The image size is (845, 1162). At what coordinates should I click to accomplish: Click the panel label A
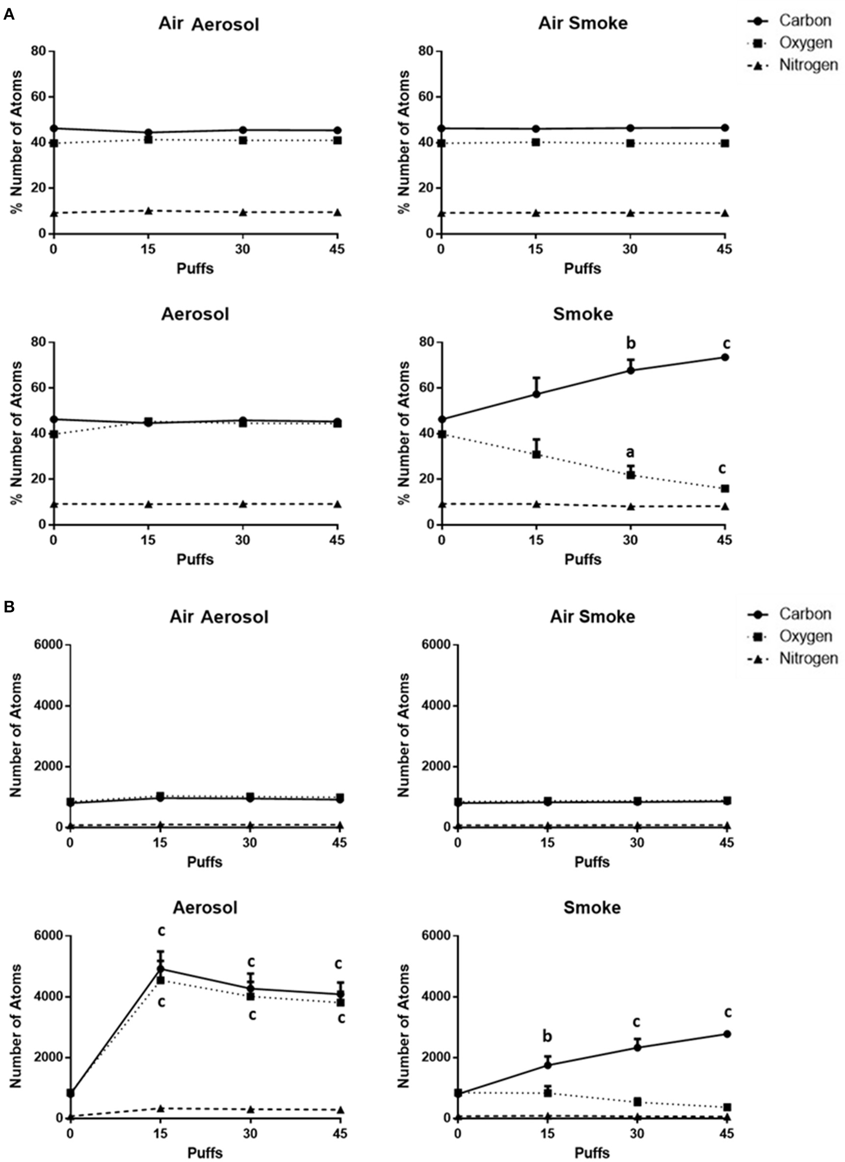point(9,15)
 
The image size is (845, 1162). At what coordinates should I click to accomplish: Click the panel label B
point(9,607)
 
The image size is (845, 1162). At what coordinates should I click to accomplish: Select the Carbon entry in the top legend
point(805,21)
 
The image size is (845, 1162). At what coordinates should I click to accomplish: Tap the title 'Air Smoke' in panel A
point(582,24)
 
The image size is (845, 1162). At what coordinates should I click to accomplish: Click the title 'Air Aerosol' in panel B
point(219,617)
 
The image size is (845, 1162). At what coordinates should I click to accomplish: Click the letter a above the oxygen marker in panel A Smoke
point(630,452)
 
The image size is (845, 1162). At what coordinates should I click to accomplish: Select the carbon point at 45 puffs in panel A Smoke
point(725,357)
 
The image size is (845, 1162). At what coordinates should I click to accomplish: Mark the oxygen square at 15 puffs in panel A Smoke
point(536,454)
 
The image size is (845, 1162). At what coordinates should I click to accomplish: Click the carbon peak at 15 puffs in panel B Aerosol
point(161,969)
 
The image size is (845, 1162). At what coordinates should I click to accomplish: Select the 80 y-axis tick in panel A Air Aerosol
point(39,51)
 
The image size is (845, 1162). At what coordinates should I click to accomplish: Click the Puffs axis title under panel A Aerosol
point(195,559)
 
